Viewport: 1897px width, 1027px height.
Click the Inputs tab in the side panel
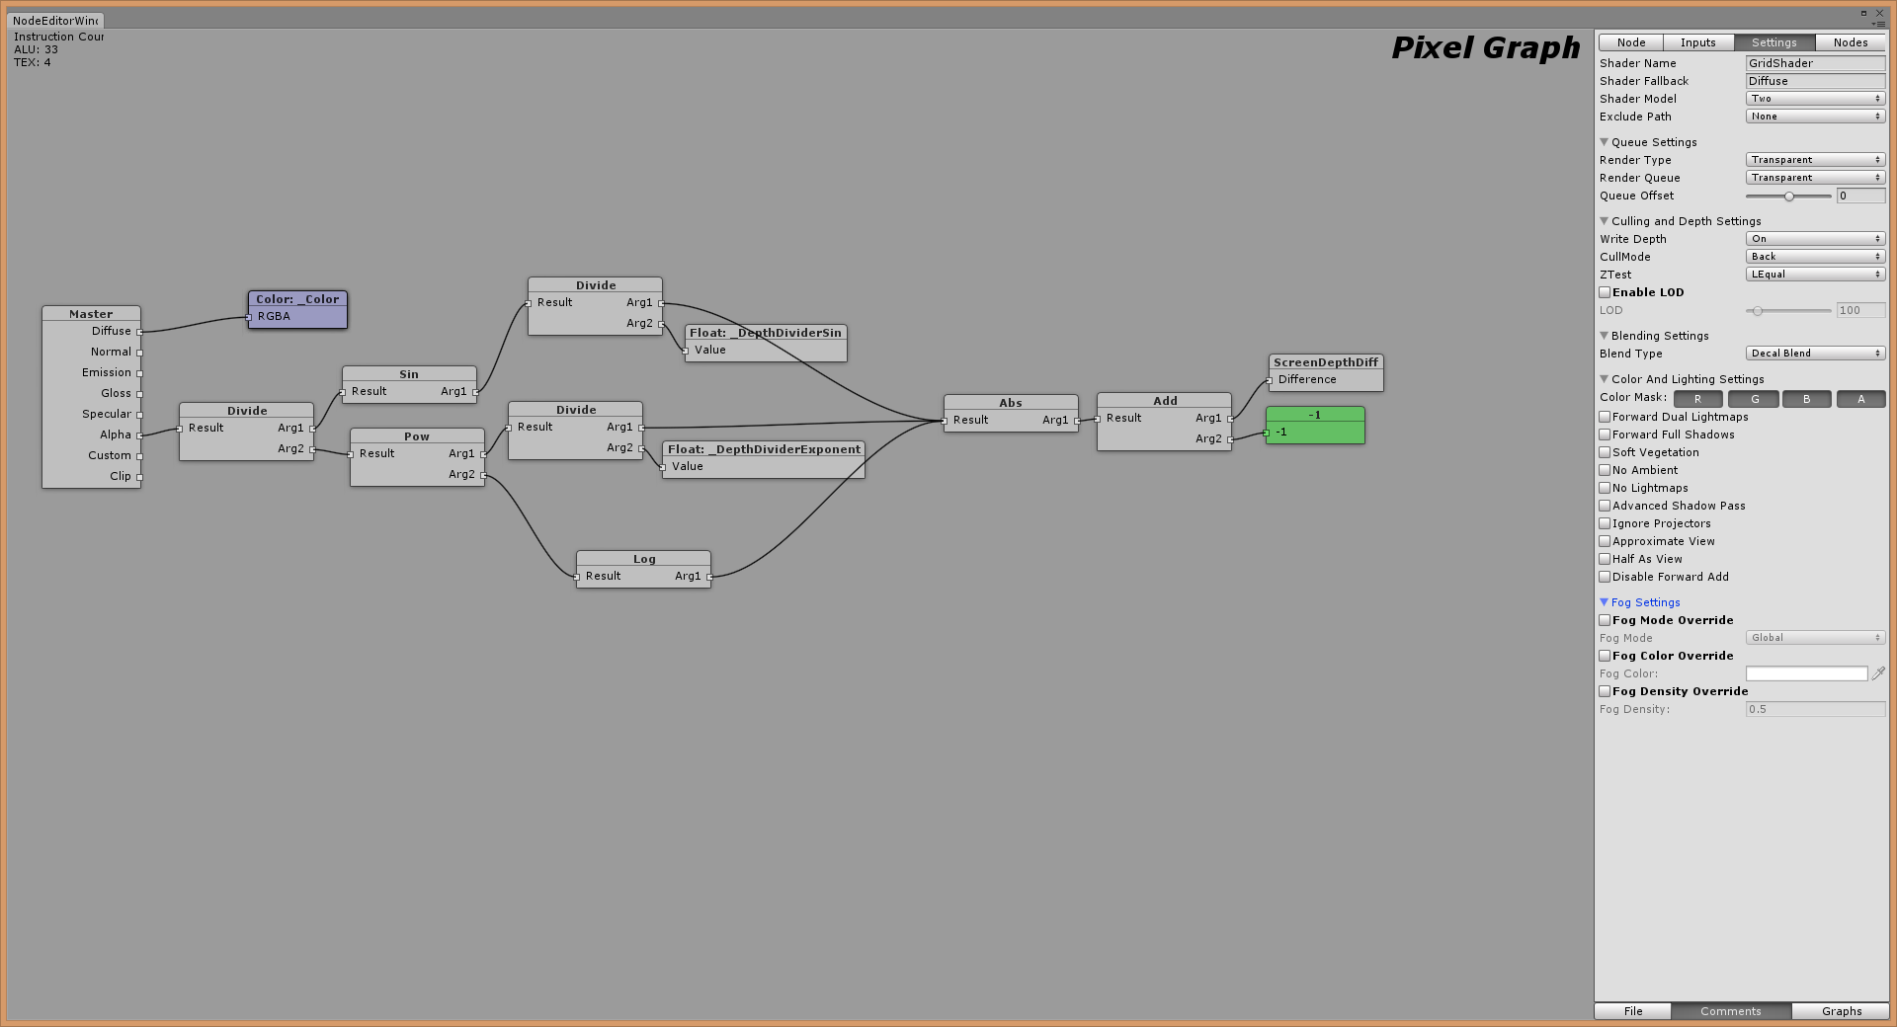pos(1697,42)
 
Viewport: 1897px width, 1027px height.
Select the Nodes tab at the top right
pos(1850,42)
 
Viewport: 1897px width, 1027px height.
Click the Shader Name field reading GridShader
pos(1815,63)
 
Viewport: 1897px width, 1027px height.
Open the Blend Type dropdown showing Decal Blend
pos(1815,354)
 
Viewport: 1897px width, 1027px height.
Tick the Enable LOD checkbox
pos(1605,292)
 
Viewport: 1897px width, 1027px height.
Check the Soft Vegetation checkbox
pos(1605,452)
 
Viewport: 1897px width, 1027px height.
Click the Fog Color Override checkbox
pos(1605,656)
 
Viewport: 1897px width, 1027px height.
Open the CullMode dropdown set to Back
pos(1815,257)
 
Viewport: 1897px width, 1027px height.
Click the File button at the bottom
pos(1632,1011)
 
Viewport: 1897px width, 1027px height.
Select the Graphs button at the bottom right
pos(1841,1011)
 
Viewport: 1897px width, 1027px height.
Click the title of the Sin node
pos(409,374)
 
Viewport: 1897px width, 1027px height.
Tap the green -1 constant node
pos(1314,426)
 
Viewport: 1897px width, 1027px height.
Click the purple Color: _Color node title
pos(297,299)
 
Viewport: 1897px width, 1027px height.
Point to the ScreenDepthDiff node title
pos(1325,362)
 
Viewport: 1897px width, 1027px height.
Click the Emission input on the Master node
pos(107,372)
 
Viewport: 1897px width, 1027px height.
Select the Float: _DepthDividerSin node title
pos(765,333)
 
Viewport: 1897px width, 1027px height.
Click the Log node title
pos(643,559)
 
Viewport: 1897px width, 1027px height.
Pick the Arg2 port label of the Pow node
pos(461,474)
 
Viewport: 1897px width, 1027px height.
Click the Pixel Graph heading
pos(1485,47)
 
